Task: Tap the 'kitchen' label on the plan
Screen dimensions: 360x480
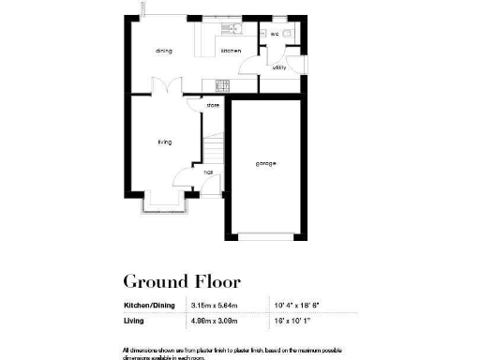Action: [231, 50]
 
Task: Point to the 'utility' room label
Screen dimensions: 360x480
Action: [279, 67]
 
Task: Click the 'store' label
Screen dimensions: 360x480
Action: [213, 105]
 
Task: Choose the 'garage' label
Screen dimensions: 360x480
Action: [266, 164]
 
